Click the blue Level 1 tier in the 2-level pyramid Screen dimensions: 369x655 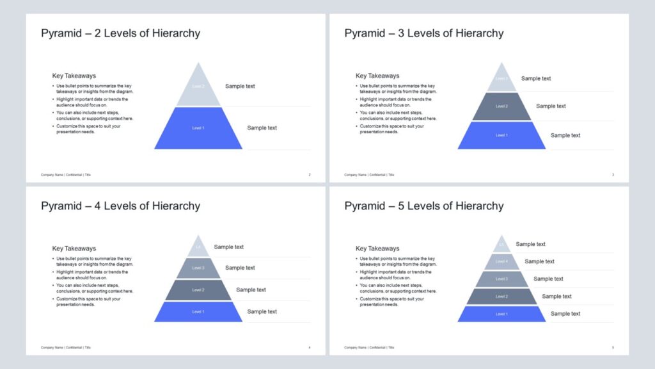click(x=198, y=128)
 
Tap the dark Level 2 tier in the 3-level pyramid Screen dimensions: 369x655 click(x=501, y=106)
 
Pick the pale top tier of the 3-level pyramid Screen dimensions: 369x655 click(x=501, y=79)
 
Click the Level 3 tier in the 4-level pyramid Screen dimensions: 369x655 click(x=198, y=268)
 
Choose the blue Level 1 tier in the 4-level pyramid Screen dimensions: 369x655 click(x=198, y=312)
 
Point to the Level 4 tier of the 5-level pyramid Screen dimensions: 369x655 click(x=501, y=261)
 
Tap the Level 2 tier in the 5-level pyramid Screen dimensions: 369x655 click(x=501, y=297)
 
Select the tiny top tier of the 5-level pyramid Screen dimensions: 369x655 click(x=501, y=245)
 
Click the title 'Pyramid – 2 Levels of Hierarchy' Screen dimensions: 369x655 click(x=120, y=33)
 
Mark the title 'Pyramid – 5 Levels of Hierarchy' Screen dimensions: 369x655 click(x=423, y=206)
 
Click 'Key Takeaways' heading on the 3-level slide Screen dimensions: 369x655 click(x=377, y=76)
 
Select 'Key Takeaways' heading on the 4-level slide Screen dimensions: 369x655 click(x=74, y=249)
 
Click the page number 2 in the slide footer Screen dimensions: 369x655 click(x=310, y=175)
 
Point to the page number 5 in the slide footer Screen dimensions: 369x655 click(x=613, y=348)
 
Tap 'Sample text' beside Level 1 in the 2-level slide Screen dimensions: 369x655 click(x=262, y=128)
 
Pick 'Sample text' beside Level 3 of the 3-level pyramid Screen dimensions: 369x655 click(x=535, y=79)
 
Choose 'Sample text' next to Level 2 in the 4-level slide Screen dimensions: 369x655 click(x=251, y=290)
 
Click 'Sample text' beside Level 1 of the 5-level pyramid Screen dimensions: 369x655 click(x=565, y=314)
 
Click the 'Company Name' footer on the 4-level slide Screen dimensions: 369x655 click(x=52, y=348)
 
